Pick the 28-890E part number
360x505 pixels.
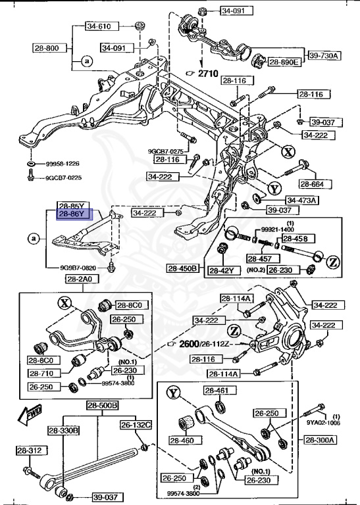(x=284, y=62)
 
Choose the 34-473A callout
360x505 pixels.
(x=301, y=200)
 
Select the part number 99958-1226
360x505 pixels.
(x=63, y=163)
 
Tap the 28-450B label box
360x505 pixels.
(x=182, y=268)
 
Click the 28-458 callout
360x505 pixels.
(x=296, y=238)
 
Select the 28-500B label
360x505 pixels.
(x=102, y=405)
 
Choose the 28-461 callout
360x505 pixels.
(x=216, y=391)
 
